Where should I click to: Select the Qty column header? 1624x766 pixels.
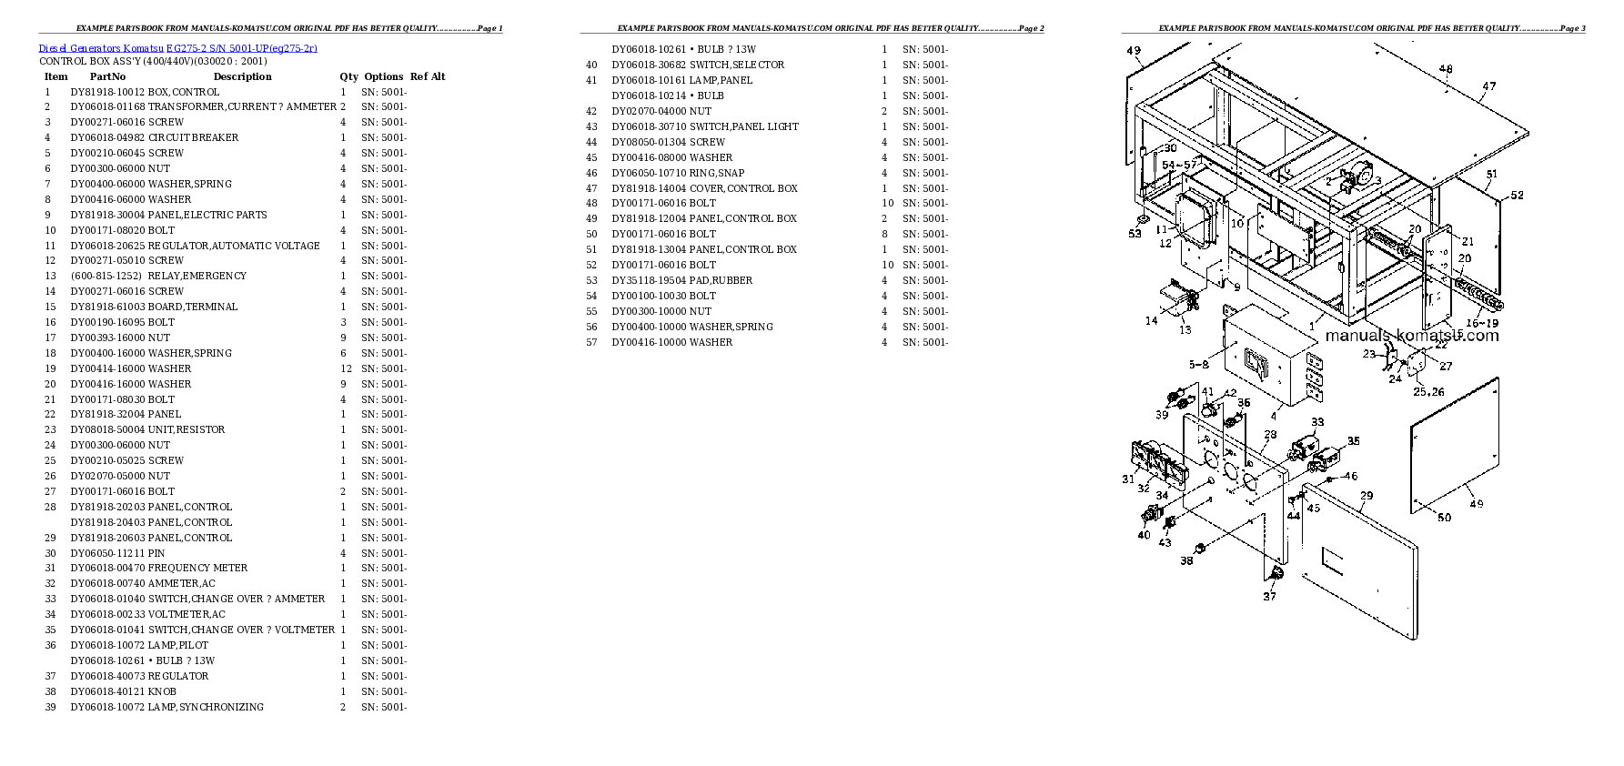pyautogui.click(x=348, y=77)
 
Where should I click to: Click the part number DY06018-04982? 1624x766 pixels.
pyautogui.click(x=108, y=138)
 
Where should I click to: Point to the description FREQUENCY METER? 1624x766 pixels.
pyautogui.click(x=197, y=569)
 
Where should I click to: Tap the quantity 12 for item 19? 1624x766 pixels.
pyautogui.click(x=346, y=369)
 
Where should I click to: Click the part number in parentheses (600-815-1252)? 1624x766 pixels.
pyautogui.click(x=106, y=277)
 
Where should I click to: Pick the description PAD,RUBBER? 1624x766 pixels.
pyautogui.click(x=721, y=281)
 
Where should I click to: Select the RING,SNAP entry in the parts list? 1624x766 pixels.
pyautogui.click(x=716, y=174)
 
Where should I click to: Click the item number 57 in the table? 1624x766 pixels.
pyautogui.click(x=591, y=343)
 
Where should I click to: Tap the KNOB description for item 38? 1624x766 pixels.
pyautogui.click(x=162, y=692)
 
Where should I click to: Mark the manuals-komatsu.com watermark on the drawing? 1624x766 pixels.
pyautogui.click(x=1411, y=336)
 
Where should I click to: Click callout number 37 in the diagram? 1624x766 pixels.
pyautogui.click(x=1269, y=597)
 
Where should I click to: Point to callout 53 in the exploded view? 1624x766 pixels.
pyautogui.click(x=1135, y=234)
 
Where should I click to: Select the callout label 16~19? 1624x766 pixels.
pyautogui.click(x=1481, y=323)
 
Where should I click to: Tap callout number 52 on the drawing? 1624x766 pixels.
pyautogui.click(x=1517, y=196)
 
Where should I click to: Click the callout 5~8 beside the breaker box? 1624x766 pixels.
pyautogui.click(x=1199, y=365)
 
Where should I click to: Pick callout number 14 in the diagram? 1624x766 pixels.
pyautogui.click(x=1151, y=320)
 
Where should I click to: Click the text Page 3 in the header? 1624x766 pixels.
pyautogui.click(x=1571, y=28)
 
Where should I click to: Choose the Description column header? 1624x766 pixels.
pyautogui.click(x=243, y=77)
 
